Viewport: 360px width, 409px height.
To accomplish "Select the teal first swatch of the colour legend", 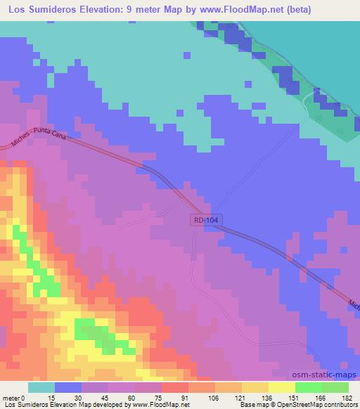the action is (x=41, y=387).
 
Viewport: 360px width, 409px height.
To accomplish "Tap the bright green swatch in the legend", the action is (x=309, y=387).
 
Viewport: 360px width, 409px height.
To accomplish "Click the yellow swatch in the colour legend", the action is (x=282, y=387).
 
